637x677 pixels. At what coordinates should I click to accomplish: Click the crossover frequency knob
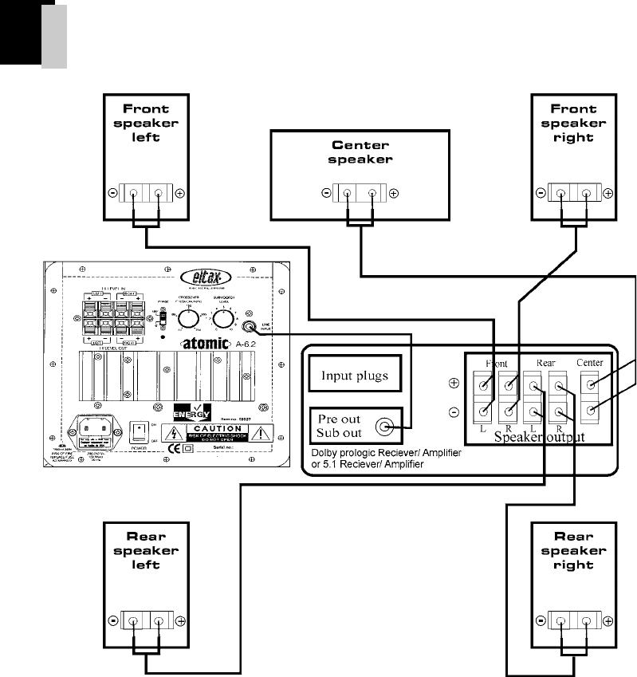point(187,319)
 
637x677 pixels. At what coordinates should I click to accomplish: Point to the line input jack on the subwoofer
point(254,325)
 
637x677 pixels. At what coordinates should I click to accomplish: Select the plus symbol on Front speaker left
point(180,194)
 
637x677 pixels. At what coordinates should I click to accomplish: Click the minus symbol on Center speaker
point(326,193)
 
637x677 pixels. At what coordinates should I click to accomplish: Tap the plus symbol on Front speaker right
point(608,193)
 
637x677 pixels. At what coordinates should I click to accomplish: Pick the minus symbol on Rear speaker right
point(541,621)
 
